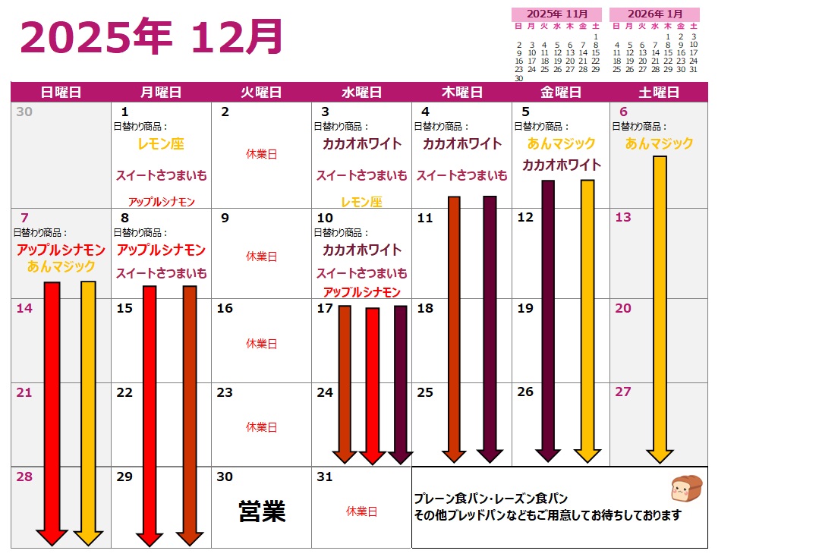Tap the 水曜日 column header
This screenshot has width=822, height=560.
point(361,93)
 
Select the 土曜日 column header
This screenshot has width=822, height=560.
point(658,93)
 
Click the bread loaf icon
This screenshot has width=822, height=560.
point(687,489)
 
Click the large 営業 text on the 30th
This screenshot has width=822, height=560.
point(262,511)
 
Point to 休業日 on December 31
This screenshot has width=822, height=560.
point(361,511)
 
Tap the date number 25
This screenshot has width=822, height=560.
point(425,392)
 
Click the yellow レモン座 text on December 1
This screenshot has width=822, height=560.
point(161,143)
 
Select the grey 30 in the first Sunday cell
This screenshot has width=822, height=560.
point(24,112)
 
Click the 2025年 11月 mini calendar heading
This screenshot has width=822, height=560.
point(557,14)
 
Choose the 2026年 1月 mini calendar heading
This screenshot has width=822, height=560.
point(654,14)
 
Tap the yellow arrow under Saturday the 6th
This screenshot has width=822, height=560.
point(660,307)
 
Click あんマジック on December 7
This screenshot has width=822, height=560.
point(61,266)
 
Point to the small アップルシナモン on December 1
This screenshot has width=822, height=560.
point(161,202)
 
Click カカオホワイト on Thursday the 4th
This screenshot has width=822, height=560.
point(462,143)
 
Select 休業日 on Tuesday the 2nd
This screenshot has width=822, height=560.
point(261,154)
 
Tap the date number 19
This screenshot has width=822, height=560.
point(525,309)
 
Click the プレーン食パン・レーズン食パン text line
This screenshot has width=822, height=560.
point(491,499)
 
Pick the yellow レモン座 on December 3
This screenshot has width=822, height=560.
point(361,202)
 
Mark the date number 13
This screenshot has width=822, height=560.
point(623,218)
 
